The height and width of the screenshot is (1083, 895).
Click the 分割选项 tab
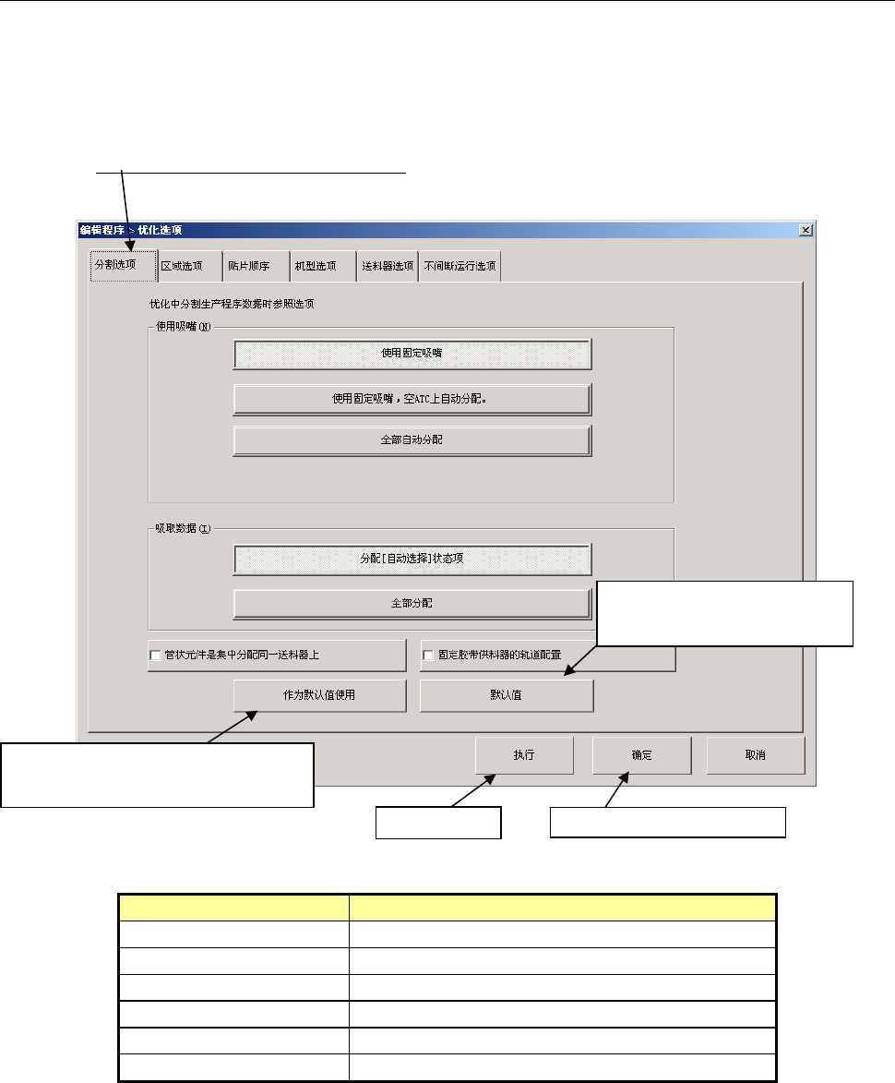(x=114, y=266)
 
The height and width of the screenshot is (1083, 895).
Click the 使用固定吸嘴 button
(x=412, y=353)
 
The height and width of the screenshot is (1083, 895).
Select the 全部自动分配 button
(x=412, y=440)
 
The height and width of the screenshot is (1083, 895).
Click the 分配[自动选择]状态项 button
(x=412, y=559)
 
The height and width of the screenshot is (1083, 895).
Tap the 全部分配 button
(x=412, y=603)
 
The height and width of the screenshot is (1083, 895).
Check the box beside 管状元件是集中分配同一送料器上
(x=155, y=656)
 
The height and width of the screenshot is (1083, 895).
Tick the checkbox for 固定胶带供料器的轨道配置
(x=428, y=656)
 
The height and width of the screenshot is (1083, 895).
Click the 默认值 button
(x=506, y=696)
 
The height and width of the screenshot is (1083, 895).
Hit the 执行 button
(x=524, y=755)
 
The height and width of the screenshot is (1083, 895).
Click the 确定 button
(x=641, y=755)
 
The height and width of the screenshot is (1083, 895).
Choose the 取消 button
(x=755, y=755)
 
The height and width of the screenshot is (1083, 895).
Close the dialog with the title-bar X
(x=805, y=230)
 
